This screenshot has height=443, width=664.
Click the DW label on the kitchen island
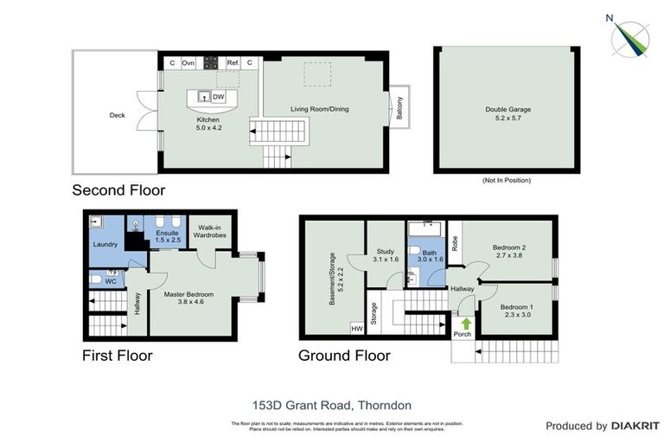[x=219, y=97]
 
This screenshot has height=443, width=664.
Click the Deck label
[x=117, y=114]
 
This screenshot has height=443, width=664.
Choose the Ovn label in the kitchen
[x=188, y=63]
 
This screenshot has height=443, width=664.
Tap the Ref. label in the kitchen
[x=233, y=63]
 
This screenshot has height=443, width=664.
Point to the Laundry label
[x=105, y=244]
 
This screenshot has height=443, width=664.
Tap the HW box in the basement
[x=355, y=328]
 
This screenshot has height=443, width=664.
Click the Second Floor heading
[x=118, y=189]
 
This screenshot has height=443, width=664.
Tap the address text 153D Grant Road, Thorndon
[x=331, y=404]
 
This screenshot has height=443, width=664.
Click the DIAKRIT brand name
[x=635, y=426]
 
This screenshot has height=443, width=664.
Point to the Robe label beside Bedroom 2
[x=455, y=239]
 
